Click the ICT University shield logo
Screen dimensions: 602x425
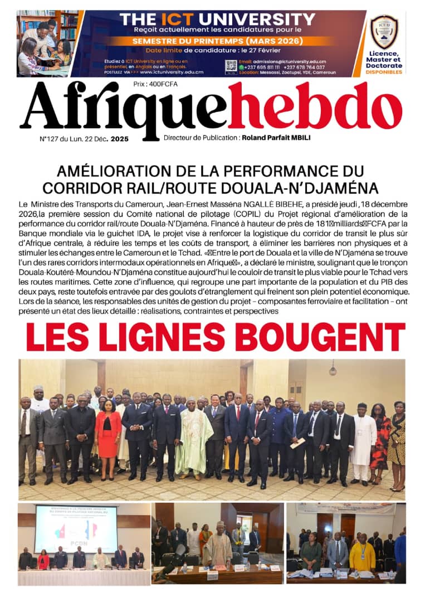(384, 31)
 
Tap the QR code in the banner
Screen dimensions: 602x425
(231, 66)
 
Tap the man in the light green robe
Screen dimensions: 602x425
(193, 438)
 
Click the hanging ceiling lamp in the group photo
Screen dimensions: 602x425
(333, 370)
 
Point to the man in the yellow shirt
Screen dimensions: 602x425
(363, 555)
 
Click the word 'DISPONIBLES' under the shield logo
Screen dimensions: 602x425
(384, 71)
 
